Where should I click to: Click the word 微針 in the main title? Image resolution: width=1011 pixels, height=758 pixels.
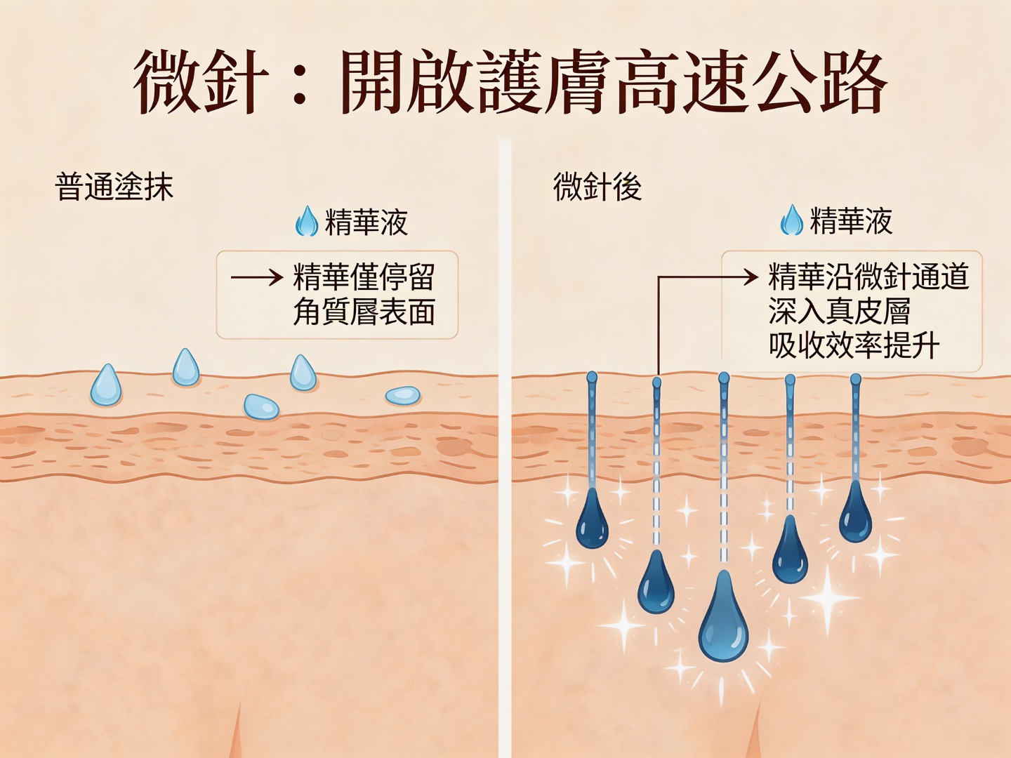coord(201,83)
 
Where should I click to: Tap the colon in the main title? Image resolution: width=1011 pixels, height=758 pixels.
coord(300,83)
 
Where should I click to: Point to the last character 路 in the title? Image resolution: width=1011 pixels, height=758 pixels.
coord(852,83)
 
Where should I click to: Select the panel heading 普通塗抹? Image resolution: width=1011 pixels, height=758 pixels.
coord(114,187)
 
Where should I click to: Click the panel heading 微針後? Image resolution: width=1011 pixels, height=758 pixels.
coord(597,187)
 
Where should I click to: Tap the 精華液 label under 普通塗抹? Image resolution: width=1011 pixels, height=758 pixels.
coord(366,222)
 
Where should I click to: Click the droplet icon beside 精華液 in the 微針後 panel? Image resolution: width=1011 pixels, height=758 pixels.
coord(792,220)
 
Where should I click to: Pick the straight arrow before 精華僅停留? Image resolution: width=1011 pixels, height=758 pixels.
coord(256,278)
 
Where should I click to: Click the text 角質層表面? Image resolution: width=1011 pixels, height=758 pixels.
coord(364,312)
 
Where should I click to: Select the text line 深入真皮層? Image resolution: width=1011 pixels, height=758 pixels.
coord(839,311)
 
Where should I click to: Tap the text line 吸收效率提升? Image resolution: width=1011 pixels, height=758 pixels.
coord(854,345)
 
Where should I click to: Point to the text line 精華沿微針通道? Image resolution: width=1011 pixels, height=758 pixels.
coord(868,277)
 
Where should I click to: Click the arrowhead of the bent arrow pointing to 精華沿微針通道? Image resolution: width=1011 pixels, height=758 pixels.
coord(754,277)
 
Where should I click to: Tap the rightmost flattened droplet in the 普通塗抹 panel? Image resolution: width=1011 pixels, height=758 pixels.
coord(403,396)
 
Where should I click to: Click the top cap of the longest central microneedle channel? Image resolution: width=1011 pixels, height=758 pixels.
coord(724,378)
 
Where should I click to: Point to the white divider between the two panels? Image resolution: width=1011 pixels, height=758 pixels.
coord(505,449)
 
